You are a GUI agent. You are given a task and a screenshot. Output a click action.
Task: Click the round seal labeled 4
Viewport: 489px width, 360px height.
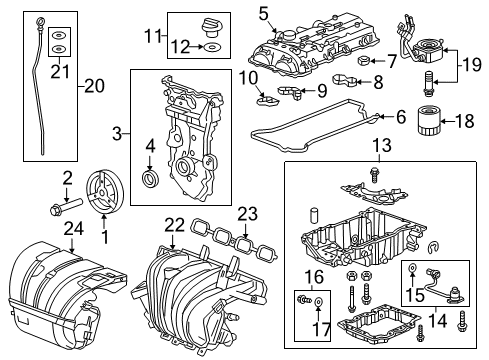151,179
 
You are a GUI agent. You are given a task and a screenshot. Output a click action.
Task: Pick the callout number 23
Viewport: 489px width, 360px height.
246,213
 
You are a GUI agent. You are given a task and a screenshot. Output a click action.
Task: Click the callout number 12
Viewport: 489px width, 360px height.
181,46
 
